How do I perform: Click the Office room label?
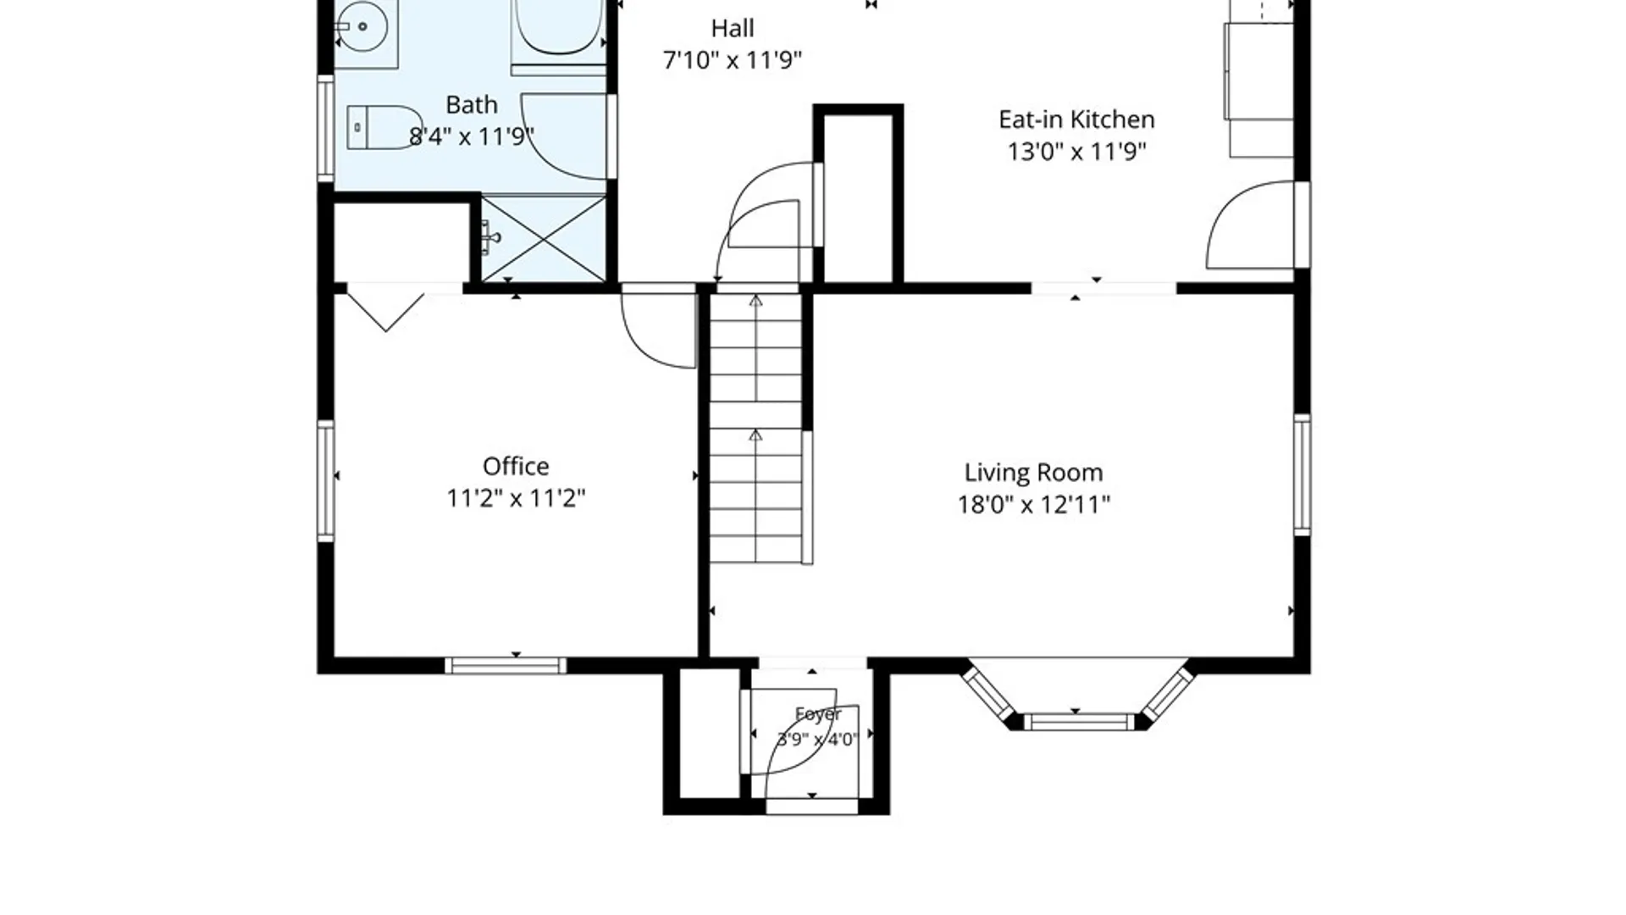click(x=516, y=466)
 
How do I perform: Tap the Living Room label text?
click(x=1033, y=472)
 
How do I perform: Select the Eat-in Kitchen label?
click(x=1076, y=119)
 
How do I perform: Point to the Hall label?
click(x=733, y=29)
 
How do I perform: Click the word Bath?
click(x=472, y=105)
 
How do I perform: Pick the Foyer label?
click(x=818, y=714)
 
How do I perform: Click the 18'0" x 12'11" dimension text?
click(x=1033, y=505)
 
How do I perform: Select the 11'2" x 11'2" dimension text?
click(x=516, y=498)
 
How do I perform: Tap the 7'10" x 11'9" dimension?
click(x=733, y=60)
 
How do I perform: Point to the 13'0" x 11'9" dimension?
click(x=1076, y=152)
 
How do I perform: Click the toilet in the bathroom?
click(x=384, y=127)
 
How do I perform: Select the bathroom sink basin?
click(x=362, y=25)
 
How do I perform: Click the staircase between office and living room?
click(x=755, y=428)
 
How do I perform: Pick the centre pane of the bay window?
click(x=1078, y=722)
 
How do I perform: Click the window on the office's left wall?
click(x=326, y=480)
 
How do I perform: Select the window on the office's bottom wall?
click(x=506, y=666)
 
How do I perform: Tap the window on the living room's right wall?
click(x=1302, y=474)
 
